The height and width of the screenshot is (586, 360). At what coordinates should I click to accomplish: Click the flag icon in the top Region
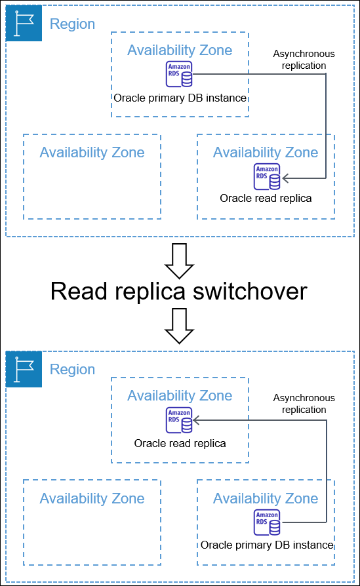pyautogui.click(x=24, y=24)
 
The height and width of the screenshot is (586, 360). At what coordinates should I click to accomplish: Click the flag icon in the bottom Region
pyautogui.click(x=24, y=369)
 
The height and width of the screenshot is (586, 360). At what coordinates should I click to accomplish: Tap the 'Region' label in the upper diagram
pyautogui.click(x=72, y=24)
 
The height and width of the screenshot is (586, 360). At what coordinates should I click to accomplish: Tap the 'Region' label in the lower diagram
pyautogui.click(x=72, y=370)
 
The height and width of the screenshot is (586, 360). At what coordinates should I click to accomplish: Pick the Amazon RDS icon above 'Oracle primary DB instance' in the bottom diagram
pyautogui.click(x=267, y=522)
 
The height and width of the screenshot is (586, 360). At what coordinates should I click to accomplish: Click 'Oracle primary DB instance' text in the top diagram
pyautogui.click(x=180, y=98)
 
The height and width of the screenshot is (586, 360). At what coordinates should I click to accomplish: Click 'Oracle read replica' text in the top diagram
pyautogui.click(x=266, y=198)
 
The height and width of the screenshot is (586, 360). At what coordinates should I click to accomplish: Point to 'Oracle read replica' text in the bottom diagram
pyautogui.click(x=180, y=444)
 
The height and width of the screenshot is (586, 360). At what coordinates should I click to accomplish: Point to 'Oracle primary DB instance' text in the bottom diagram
pyautogui.click(x=267, y=545)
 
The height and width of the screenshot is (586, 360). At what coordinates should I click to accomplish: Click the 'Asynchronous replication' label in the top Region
pyautogui.click(x=304, y=60)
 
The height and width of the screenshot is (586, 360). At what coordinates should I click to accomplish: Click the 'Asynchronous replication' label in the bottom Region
pyautogui.click(x=304, y=404)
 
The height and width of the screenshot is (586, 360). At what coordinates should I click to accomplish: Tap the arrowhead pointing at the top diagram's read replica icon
pyautogui.click(x=287, y=178)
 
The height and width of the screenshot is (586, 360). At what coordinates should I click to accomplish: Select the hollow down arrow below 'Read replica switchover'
pyautogui.click(x=179, y=326)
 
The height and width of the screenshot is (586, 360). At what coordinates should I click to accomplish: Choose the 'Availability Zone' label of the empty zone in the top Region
pyautogui.click(x=92, y=153)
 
